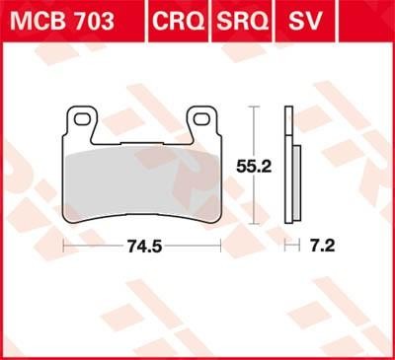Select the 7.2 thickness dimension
pos(321,246)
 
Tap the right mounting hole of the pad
pos(202,119)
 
